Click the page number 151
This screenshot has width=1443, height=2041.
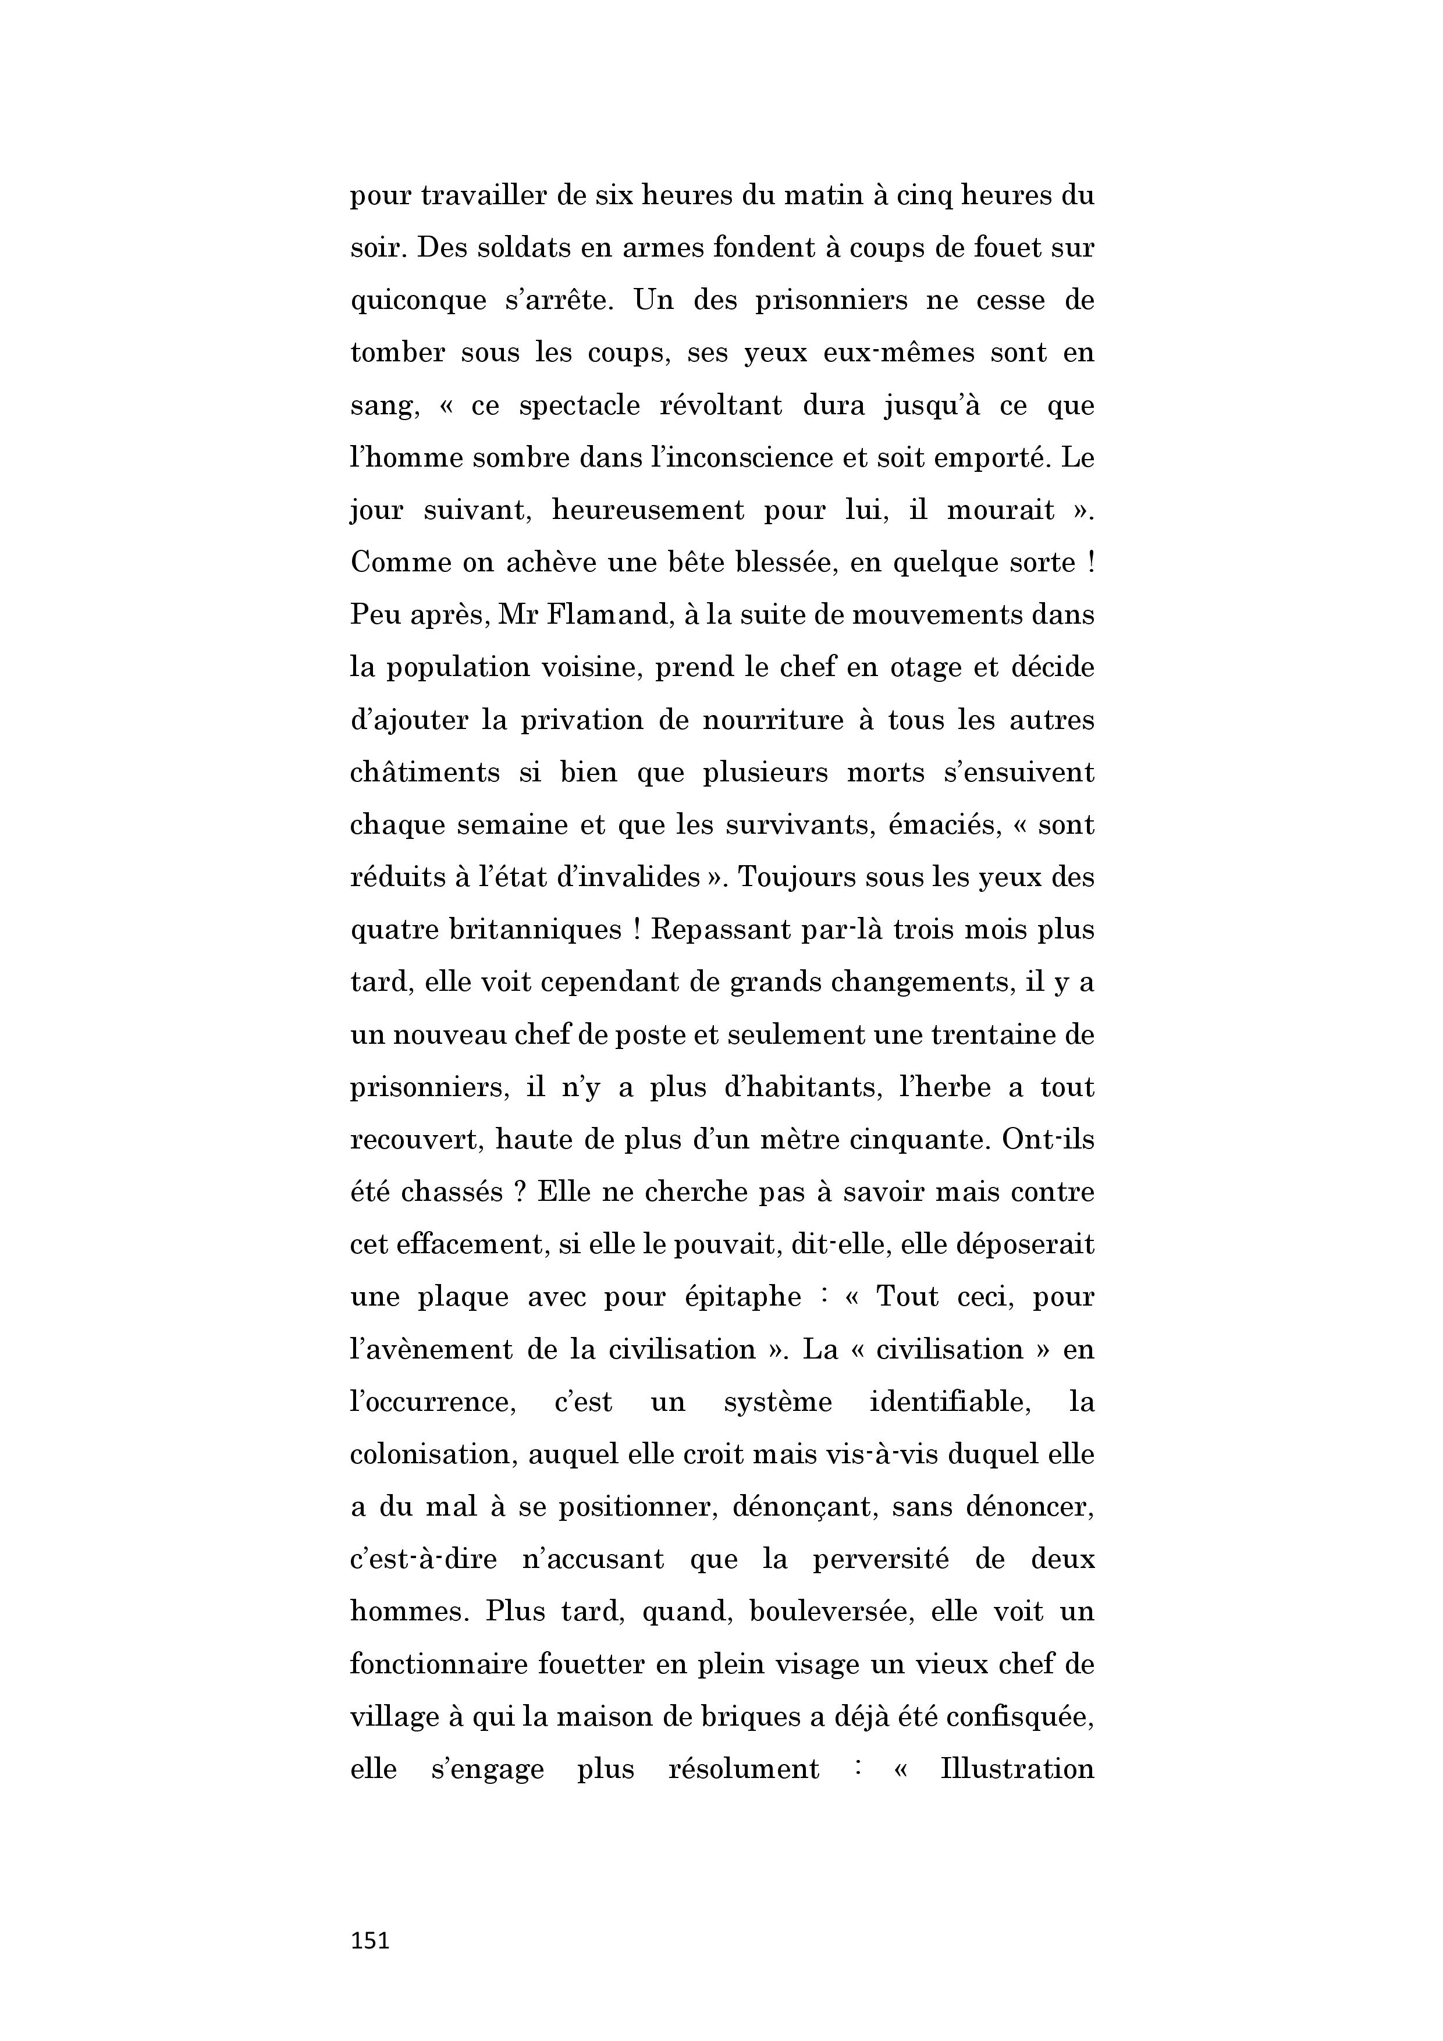click(370, 1940)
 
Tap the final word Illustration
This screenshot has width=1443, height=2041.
click(1017, 1769)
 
